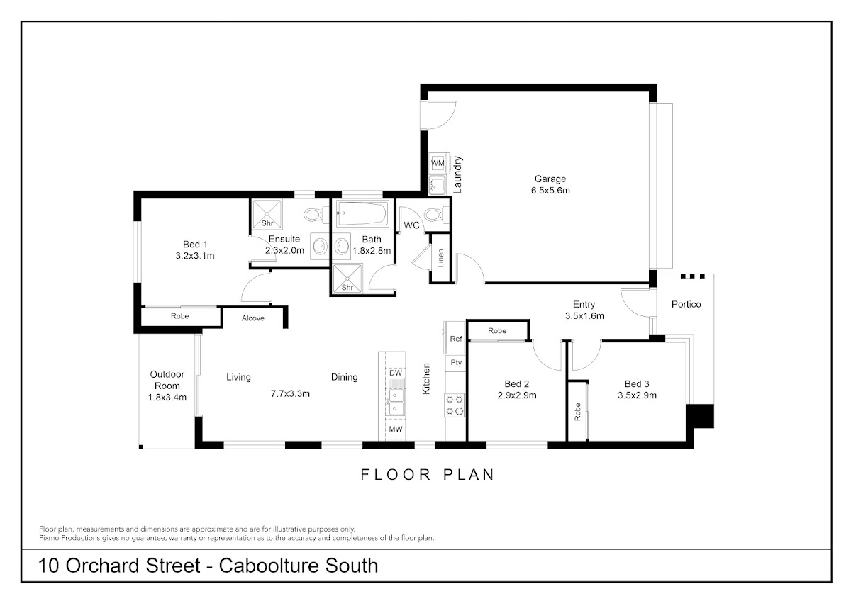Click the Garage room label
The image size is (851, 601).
pyautogui.click(x=550, y=179)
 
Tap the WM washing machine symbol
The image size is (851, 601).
pyautogui.click(x=438, y=163)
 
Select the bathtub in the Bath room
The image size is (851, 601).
pyautogui.click(x=362, y=213)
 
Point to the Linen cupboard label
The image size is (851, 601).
pyautogui.click(x=440, y=258)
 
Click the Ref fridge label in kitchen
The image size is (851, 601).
pyautogui.click(x=455, y=339)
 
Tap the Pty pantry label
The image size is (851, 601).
pyautogui.click(x=456, y=363)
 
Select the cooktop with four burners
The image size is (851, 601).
pyautogui.click(x=455, y=405)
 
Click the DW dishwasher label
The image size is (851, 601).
pyautogui.click(x=396, y=373)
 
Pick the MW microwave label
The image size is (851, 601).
pyautogui.click(x=396, y=429)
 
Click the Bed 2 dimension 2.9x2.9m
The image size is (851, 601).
pyautogui.click(x=517, y=395)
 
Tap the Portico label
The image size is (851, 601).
pyautogui.click(x=686, y=304)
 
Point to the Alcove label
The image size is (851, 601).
pyautogui.click(x=252, y=318)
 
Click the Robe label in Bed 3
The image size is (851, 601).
pyautogui.click(x=577, y=412)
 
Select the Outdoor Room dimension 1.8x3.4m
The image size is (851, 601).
pyautogui.click(x=167, y=398)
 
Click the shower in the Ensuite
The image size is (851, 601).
pyautogui.click(x=267, y=214)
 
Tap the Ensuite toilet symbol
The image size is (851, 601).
pyautogui.click(x=316, y=215)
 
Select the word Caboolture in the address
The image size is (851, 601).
pyautogui.click(x=268, y=566)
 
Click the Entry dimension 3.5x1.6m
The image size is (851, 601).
pyautogui.click(x=584, y=316)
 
